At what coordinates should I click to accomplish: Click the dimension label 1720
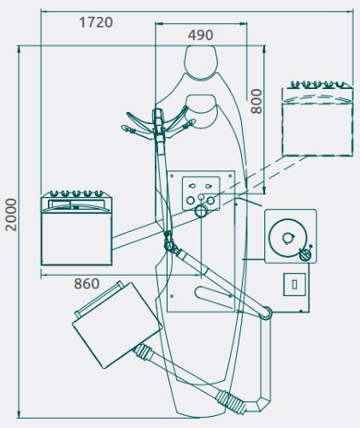click(96, 22)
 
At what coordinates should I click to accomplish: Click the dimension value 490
click(200, 35)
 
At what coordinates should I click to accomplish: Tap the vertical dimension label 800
click(256, 102)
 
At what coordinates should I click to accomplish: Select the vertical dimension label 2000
click(11, 215)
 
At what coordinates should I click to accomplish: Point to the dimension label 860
click(86, 284)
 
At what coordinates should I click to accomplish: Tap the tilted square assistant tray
click(117, 325)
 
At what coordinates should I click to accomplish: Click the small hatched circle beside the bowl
click(305, 254)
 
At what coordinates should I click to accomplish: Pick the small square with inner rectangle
click(295, 284)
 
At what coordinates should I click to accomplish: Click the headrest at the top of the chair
click(201, 62)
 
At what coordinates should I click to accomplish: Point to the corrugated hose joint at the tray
click(144, 352)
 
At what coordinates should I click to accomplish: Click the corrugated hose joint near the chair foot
click(230, 402)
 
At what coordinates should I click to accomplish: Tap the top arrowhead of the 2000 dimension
click(19, 51)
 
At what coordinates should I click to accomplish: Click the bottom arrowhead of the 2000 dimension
click(19, 413)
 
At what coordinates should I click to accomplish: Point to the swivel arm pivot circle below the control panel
click(201, 211)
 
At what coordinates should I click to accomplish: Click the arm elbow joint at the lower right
click(266, 313)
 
